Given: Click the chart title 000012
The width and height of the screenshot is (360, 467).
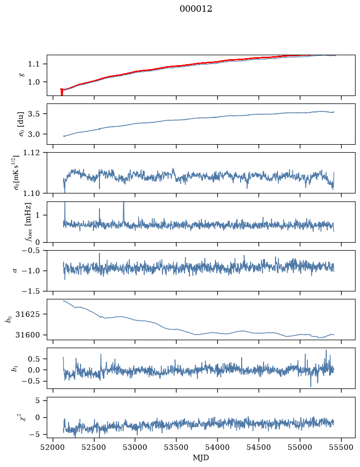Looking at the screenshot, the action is point(195,9).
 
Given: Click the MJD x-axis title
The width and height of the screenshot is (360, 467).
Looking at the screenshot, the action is point(201,458).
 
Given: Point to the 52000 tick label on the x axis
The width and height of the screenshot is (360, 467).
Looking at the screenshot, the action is point(53,447).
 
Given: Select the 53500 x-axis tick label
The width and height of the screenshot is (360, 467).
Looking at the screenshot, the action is point(177,447).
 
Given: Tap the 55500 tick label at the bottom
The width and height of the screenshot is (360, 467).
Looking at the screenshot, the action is point(341,447).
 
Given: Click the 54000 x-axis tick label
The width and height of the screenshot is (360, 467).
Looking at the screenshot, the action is point(217,447).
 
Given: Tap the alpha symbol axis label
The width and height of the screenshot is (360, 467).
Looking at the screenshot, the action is point(15,271).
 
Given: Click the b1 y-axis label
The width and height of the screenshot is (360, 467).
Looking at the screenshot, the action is point(14,369).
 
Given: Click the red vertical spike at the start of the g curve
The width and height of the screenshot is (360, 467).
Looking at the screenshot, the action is point(62,92).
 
